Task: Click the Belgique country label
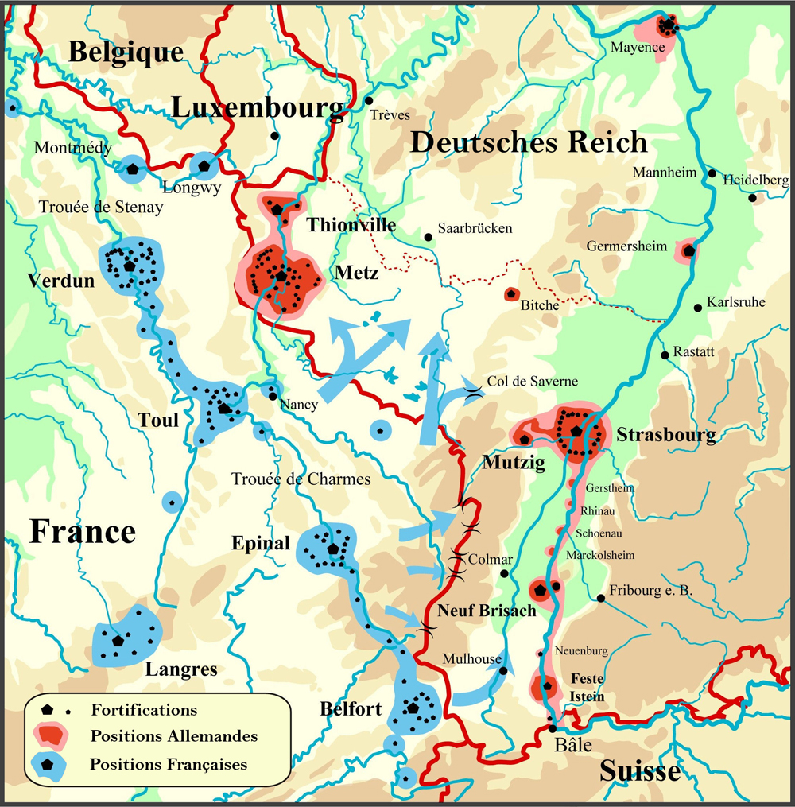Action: (126, 52)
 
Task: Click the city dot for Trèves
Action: (369, 101)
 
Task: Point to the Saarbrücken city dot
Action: (429, 236)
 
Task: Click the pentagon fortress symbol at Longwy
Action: (204, 166)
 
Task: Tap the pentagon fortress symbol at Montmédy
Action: (132, 168)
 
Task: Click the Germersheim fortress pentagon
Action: (688, 251)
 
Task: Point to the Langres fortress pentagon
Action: (118, 640)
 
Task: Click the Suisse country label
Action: (639, 770)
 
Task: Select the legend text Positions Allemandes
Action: (174, 736)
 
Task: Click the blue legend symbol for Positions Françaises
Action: (48, 764)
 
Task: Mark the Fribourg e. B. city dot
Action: (600, 598)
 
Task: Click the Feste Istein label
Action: (587, 688)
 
